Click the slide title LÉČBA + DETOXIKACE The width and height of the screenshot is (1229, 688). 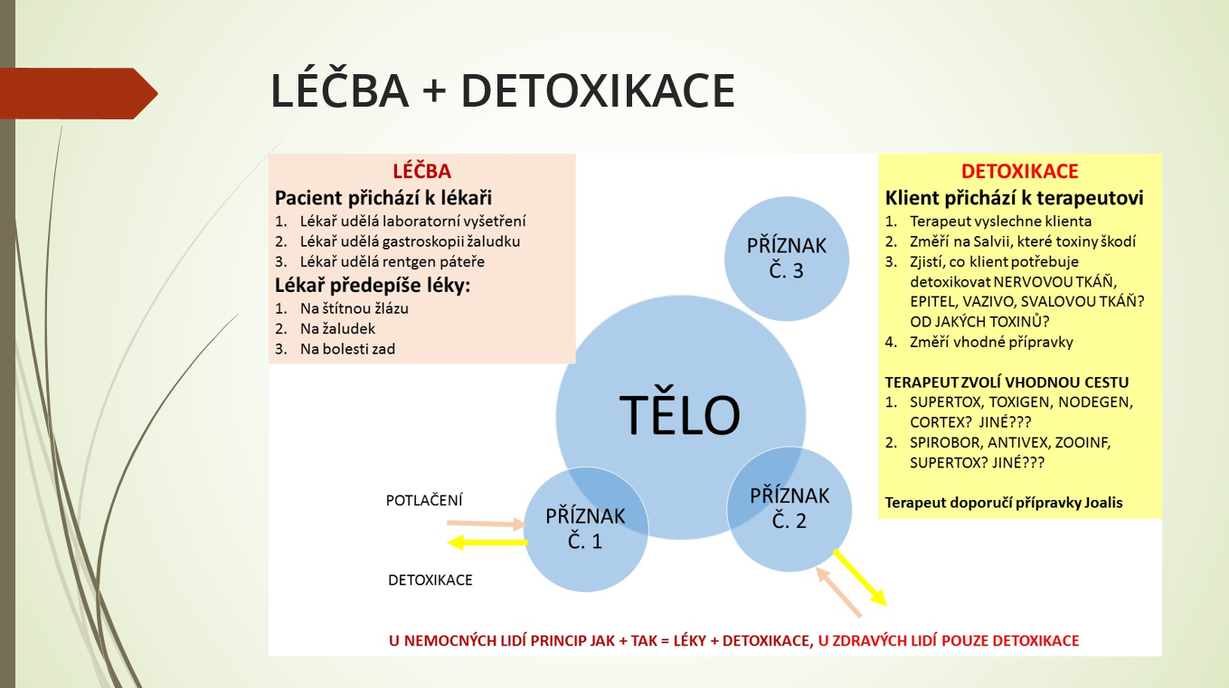(503, 90)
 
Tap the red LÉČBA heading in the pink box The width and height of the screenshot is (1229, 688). (422, 171)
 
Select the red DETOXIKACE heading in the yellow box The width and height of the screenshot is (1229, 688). (1019, 171)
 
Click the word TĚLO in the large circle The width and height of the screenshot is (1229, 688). (680, 414)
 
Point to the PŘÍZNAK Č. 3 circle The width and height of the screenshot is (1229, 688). (786, 259)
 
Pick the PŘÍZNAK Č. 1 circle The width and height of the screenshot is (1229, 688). (585, 529)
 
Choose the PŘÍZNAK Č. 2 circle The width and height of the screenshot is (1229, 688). (789, 509)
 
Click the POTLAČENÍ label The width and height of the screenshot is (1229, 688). (424, 500)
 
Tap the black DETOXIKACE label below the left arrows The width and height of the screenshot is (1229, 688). (430, 580)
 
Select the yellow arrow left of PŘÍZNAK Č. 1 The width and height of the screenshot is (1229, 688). (487, 542)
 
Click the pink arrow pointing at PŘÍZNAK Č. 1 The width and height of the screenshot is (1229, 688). (487, 524)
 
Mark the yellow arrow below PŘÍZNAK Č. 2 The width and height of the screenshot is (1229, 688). (860, 578)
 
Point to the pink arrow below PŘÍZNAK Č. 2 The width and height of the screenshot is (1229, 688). (839, 592)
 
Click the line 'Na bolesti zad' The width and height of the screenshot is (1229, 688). (347, 349)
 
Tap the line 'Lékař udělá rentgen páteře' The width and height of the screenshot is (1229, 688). (392, 261)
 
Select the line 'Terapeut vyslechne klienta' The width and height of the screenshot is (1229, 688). (1001, 221)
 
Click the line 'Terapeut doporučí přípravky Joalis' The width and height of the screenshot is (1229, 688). (1004, 503)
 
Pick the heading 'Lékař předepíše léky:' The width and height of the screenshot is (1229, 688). (373, 286)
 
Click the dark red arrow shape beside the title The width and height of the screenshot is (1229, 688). (79, 93)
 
